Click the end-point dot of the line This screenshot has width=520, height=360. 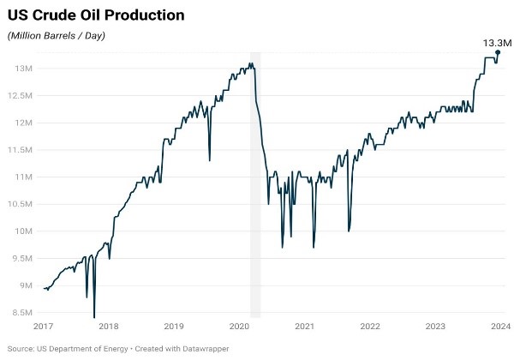pos(498,52)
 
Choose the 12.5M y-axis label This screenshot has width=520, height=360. pos(20,96)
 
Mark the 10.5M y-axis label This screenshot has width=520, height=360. pos(20,204)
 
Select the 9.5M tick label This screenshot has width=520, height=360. pos(21,259)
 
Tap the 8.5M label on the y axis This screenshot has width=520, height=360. pos(21,313)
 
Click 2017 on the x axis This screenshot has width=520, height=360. pos(44,327)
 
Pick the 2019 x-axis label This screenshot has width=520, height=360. pos(174,327)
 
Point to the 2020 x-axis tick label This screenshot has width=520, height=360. pos(239,327)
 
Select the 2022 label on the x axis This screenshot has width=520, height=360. pos(369,327)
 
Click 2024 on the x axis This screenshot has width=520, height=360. pos(499,327)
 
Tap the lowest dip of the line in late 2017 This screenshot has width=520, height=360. pos(94,317)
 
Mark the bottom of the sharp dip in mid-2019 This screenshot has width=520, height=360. pos(210,160)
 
